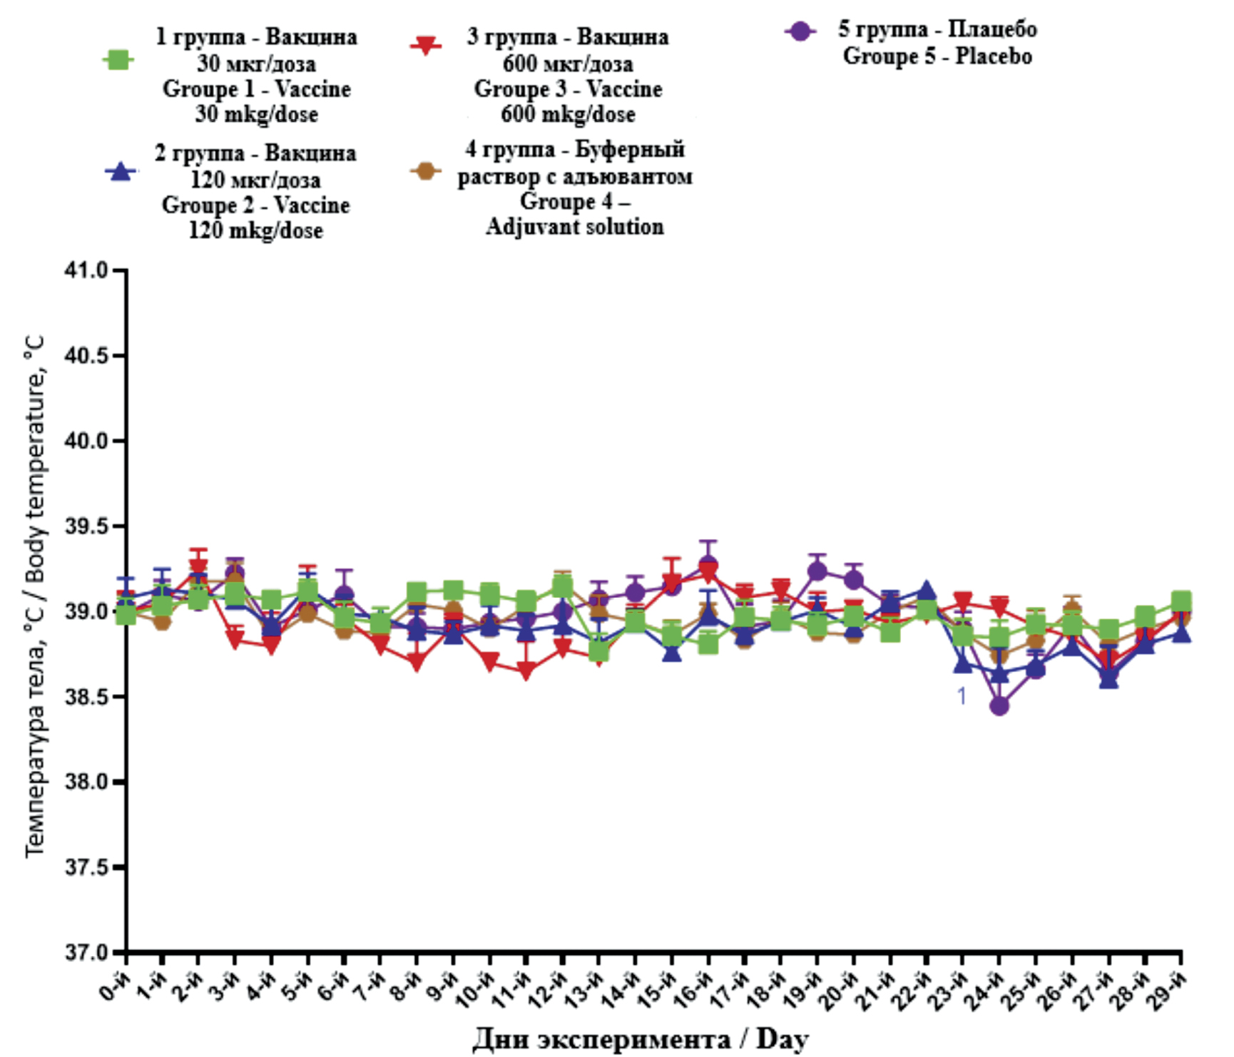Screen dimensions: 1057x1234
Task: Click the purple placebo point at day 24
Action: click(999, 706)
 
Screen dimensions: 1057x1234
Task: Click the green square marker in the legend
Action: click(118, 60)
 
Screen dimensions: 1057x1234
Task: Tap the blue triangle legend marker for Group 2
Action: click(121, 172)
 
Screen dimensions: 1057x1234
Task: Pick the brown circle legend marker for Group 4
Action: click(426, 171)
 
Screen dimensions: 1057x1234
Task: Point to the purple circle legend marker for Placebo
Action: click(800, 31)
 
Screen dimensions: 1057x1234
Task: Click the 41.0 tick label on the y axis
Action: click(86, 270)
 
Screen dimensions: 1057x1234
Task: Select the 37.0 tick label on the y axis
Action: click(86, 953)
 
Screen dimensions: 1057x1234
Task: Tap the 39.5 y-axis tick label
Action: click(86, 526)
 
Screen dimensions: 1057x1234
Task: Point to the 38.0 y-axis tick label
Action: click(86, 782)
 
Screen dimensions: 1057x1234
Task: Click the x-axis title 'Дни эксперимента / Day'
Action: click(641, 1038)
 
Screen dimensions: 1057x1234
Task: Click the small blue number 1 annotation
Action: click(962, 696)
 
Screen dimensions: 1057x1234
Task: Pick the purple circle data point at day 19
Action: click(817, 571)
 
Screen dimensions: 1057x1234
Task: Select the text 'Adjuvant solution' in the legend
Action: click(575, 227)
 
